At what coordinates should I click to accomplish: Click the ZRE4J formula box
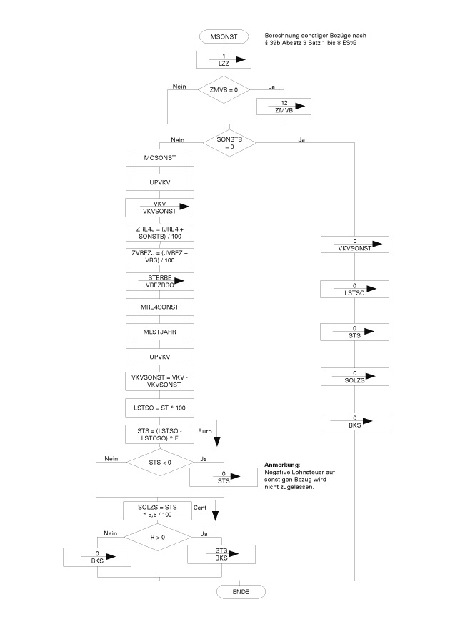coord(160,232)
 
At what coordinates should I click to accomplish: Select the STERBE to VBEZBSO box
coord(160,281)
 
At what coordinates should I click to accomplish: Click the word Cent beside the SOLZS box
coord(201,507)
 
